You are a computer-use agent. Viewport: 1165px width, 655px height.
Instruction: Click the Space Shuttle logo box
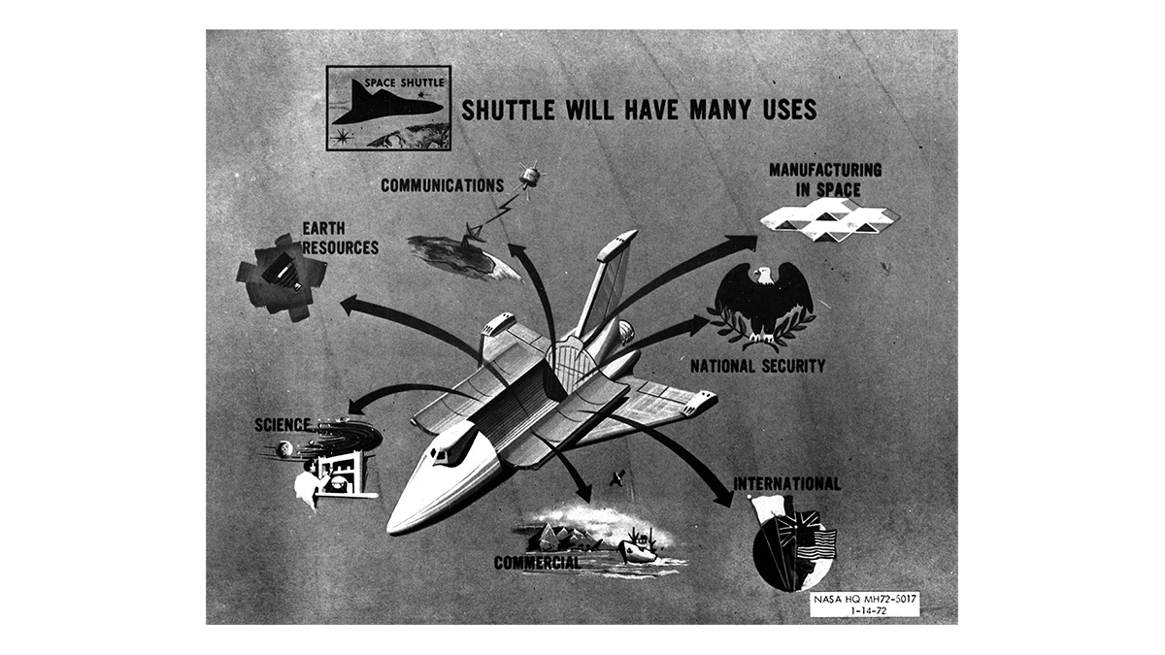click(x=388, y=108)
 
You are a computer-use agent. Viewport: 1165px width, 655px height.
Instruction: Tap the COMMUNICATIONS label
click(x=442, y=184)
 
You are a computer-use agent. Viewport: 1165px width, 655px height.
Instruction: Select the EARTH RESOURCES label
click(x=339, y=238)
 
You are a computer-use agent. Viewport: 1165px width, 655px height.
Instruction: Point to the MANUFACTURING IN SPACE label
click(x=824, y=180)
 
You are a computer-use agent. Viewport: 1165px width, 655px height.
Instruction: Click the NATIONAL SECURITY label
click(x=757, y=366)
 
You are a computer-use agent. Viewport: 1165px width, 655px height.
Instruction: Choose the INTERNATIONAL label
click(x=786, y=483)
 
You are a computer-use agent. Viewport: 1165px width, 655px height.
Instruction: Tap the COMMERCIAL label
click(x=537, y=563)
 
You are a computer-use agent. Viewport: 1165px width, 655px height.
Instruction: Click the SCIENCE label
click(x=283, y=424)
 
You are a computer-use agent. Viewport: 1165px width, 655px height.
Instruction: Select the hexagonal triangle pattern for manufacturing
click(x=828, y=219)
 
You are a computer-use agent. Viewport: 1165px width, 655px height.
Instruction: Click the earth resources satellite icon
click(x=281, y=273)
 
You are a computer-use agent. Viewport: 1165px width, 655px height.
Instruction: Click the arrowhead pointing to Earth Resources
click(x=348, y=305)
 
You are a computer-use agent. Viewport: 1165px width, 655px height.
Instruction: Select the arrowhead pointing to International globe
click(x=723, y=497)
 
